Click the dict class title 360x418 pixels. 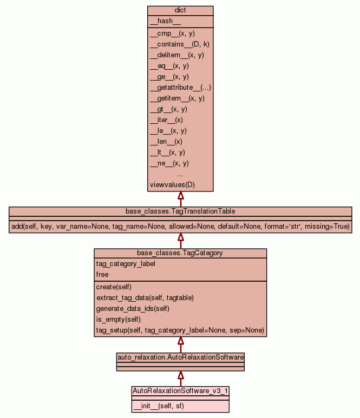coord(180,11)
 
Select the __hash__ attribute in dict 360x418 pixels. coord(161,21)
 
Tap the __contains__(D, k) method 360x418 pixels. coord(179,44)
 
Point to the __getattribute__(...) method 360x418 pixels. coord(180,88)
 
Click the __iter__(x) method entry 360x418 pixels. coord(166,120)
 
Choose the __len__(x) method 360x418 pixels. coord(166,142)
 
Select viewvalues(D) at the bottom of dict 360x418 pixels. coord(172,185)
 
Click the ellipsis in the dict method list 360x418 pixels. coord(180,174)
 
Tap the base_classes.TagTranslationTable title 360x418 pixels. coord(180,211)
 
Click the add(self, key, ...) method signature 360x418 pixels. coord(180,226)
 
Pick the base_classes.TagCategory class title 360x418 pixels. coord(180,253)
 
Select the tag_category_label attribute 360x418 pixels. coord(126,264)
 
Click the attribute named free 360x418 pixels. coord(102,275)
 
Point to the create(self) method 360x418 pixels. coord(114,287)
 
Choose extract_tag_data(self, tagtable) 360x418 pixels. coord(145,298)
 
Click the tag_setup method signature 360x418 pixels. coord(180,330)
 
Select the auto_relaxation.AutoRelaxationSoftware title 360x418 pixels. coord(180,357)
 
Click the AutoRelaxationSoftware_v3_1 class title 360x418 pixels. coord(180,390)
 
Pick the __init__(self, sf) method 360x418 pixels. coord(158,406)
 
